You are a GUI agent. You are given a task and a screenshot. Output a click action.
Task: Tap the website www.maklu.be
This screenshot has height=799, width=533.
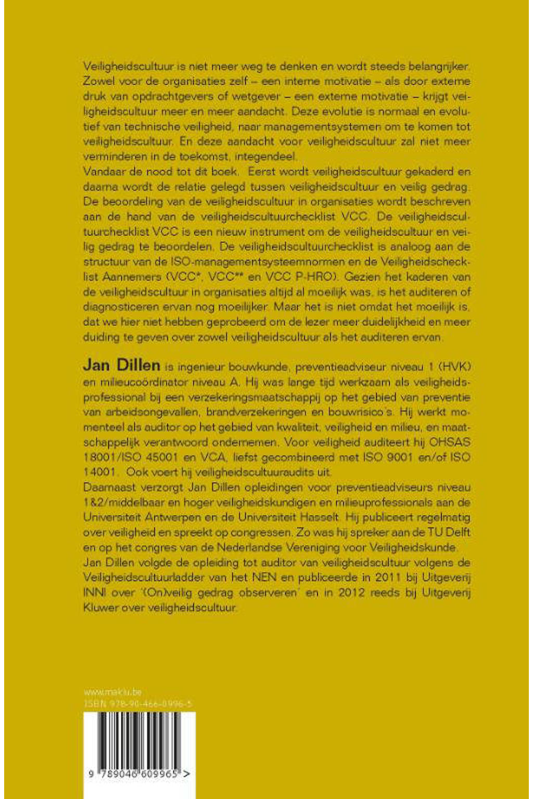(112, 692)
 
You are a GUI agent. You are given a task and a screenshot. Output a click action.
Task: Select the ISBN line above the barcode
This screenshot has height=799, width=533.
(138, 704)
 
